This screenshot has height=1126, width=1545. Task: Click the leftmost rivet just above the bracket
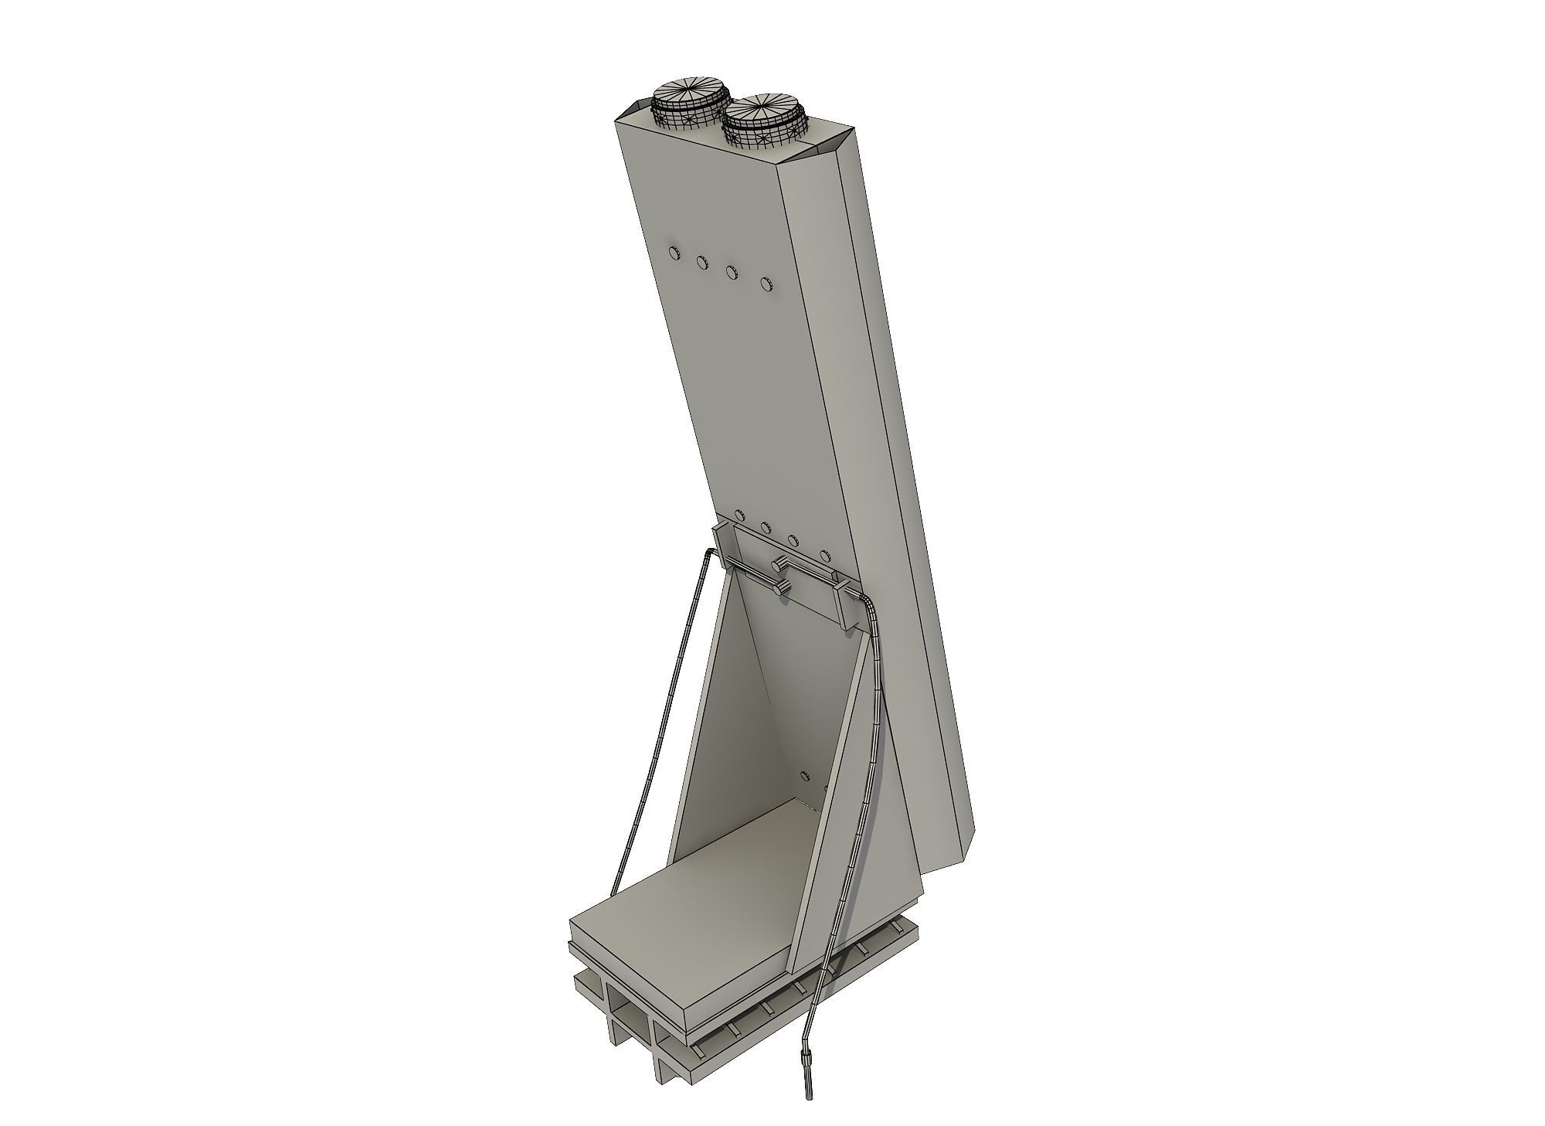[740, 515]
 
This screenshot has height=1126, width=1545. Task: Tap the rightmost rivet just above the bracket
[825, 555]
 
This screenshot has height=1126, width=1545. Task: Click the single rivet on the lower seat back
[804, 775]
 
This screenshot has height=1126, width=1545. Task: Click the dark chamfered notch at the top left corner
[637, 109]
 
